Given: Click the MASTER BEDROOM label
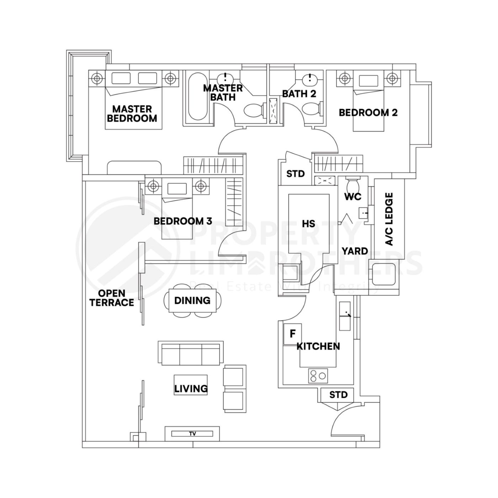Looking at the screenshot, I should click(132, 113).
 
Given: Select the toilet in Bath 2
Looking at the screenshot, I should click(313, 109).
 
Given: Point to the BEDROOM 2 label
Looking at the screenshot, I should click(368, 113).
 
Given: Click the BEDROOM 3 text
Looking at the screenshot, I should click(183, 221).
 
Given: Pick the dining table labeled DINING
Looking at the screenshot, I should click(192, 301).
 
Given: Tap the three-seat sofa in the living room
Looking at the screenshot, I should click(191, 354).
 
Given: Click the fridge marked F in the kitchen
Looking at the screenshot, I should click(292, 334).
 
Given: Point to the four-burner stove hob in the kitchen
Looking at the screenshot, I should click(318, 376).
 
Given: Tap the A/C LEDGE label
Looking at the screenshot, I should click(389, 219).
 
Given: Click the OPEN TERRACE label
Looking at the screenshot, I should click(112, 298).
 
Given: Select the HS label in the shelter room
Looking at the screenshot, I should click(308, 224).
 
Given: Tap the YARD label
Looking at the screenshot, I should click(355, 251).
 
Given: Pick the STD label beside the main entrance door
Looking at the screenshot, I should click(338, 395).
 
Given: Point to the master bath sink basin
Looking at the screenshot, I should click(225, 78).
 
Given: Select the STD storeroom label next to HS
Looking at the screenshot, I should click(295, 174).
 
